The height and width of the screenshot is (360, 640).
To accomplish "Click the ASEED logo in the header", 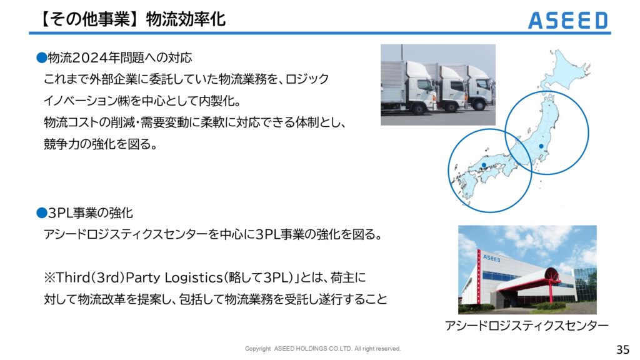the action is [x=567, y=21].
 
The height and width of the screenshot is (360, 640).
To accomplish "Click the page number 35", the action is [x=623, y=349].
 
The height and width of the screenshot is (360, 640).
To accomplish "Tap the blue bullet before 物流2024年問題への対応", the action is [x=42, y=57].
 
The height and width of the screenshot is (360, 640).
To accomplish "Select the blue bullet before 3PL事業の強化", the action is [x=42, y=212].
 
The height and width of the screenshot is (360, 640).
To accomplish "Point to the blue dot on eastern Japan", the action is [x=541, y=146].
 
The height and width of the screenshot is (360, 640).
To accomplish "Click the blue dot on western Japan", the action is [x=484, y=165].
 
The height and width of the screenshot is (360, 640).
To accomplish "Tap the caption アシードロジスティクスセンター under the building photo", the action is [x=526, y=326].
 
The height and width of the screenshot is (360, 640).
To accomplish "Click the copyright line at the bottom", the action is [x=323, y=349].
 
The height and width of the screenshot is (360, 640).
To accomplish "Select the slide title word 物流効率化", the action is [x=186, y=19].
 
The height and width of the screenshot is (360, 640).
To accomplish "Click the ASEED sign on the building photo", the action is [x=491, y=258].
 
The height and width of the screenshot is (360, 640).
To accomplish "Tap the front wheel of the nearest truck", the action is [x=419, y=109].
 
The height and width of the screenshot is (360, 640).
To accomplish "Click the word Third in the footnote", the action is [x=74, y=277].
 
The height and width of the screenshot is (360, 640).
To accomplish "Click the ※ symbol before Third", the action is [x=49, y=278].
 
